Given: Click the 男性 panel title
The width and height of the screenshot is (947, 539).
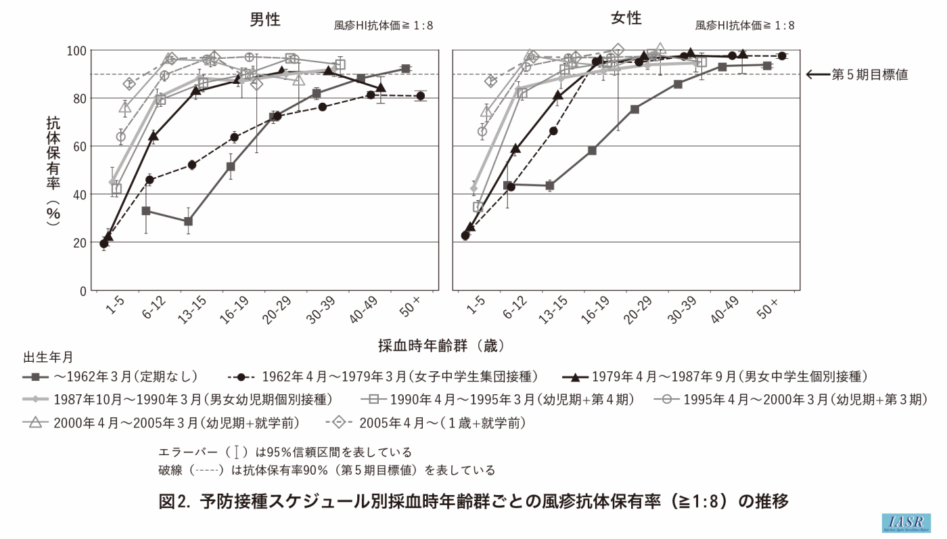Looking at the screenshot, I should [265, 20].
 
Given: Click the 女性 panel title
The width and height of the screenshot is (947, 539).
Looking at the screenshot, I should [626, 18].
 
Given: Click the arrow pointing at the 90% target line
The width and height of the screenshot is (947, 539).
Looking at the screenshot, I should [816, 74].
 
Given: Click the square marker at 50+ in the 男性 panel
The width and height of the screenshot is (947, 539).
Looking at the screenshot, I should [406, 68].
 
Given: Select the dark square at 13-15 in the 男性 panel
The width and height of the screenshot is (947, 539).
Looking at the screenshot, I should [188, 221].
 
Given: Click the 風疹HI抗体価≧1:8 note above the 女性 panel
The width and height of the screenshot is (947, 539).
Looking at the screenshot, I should [745, 26].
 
